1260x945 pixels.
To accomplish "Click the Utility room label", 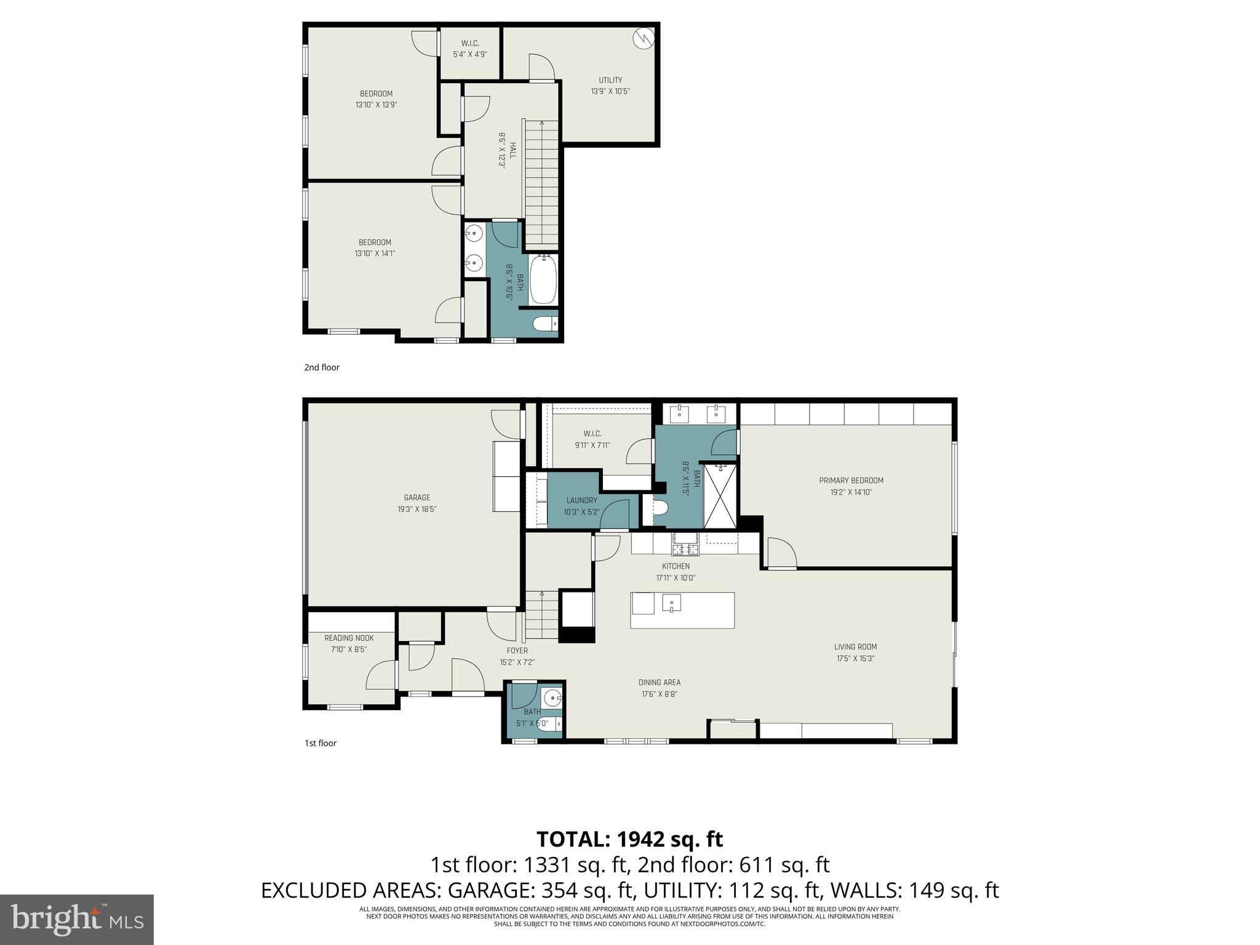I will pos(610,80).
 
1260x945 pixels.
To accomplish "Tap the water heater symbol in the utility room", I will pos(644,39).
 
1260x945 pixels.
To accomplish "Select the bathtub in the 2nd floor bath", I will pos(543,280).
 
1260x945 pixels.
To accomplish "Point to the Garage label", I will pos(417,498).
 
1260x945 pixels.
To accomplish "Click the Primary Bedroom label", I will pos(851,480).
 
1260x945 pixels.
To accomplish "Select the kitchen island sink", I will pos(671,603).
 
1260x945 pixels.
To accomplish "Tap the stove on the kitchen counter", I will pos(685,544).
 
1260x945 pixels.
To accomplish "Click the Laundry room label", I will pos(581,500).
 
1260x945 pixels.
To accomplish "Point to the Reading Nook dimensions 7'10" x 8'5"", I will pos(349,649).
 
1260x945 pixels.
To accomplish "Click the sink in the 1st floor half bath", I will pos(552,698).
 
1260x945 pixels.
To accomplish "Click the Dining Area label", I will pos(659,682).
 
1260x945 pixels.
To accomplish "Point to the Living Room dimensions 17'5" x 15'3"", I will pos(855,658).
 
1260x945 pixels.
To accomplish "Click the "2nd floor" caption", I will pos(322,367).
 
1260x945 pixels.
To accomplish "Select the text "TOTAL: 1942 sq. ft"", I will pos(629,839).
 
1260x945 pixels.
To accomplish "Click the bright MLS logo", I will pos(77,919).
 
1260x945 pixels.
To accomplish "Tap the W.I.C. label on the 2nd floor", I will pos(470,43).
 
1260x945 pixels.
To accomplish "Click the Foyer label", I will pos(517,650).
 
